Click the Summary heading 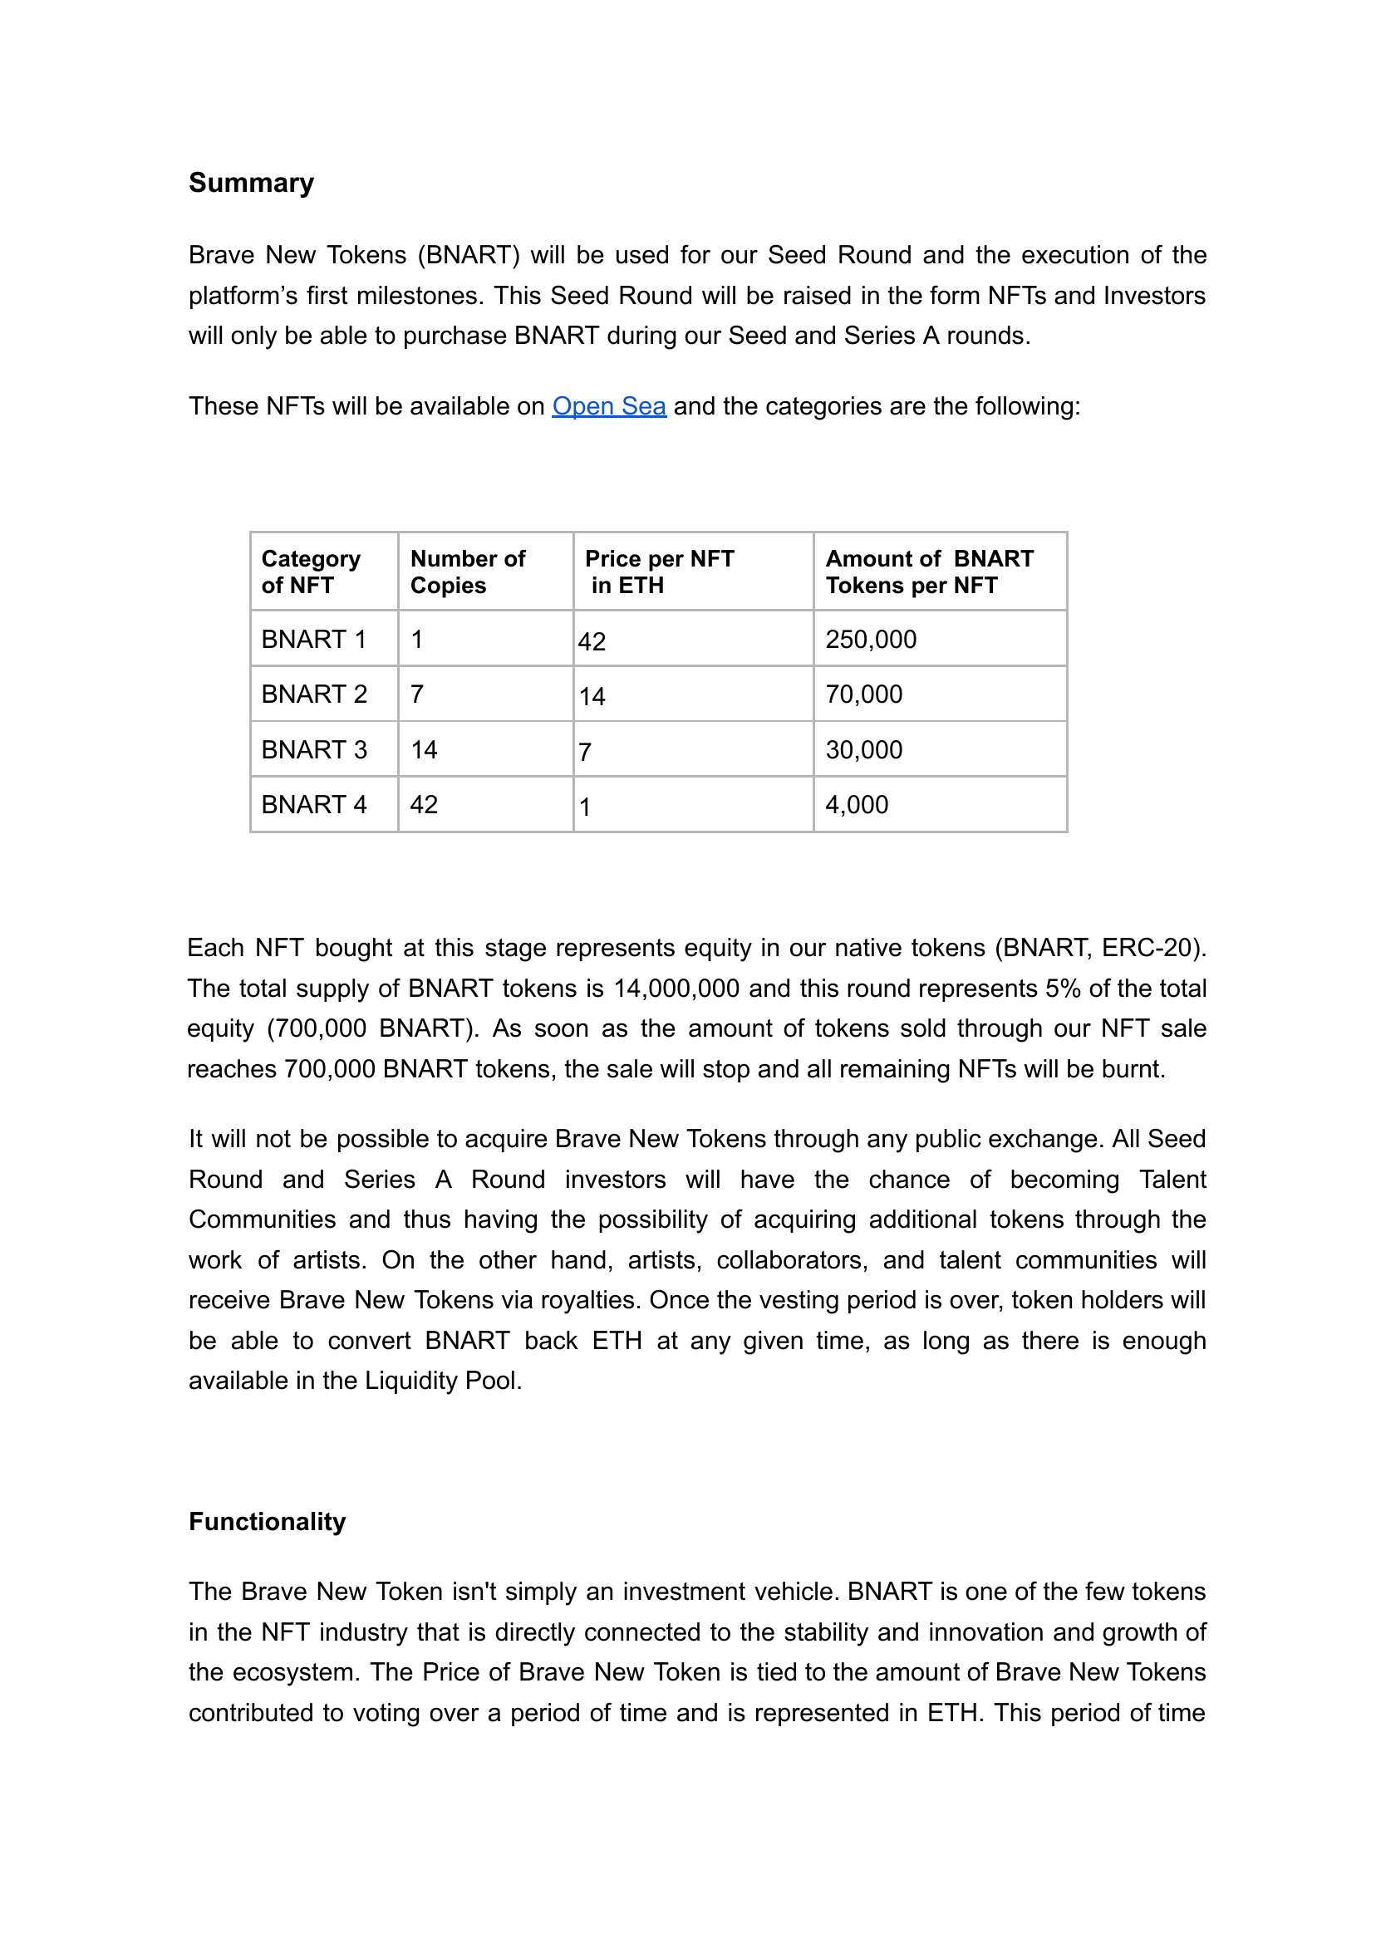coord(251,183)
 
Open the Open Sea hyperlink coord(608,406)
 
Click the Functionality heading coord(267,1521)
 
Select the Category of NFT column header coord(310,572)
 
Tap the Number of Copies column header coord(467,572)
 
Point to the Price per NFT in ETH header coord(658,572)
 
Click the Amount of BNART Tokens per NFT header coord(929,572)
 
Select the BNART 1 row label coord(313,640)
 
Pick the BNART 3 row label coord(313,749)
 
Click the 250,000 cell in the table coord(870,640)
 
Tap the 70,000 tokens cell coord(863,694)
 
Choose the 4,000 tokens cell coord(857,805)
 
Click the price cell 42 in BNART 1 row coord(592,642)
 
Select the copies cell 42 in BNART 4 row coord(424,805)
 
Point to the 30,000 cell coord(863,749)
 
